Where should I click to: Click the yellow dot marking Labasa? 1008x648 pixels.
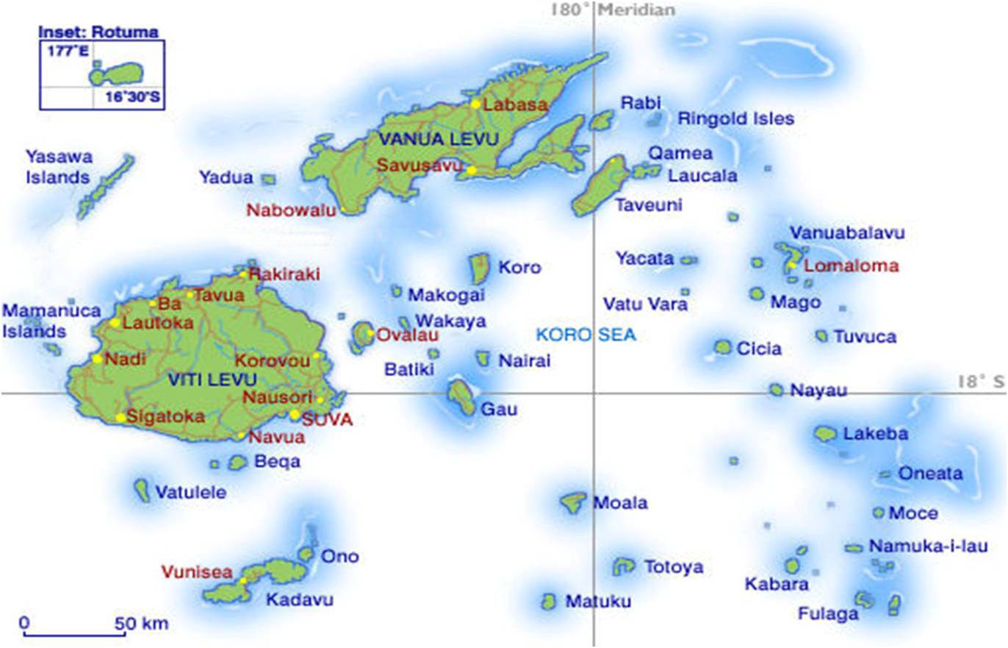tap(476, 104)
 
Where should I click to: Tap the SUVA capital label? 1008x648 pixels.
tap(328, 420)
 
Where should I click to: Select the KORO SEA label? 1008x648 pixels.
tap(586, 335)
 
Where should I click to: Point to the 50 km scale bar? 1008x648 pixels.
tap(73, 633)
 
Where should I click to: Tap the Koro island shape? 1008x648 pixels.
tap(480, 268)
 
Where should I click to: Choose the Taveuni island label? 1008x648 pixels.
tap(649, 205)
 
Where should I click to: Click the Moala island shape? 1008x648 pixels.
tap(572, 502)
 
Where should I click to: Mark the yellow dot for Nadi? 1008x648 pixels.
tap(97, 359)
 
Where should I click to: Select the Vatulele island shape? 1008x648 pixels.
tap(142, 489)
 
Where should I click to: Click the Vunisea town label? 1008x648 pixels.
tap(197, 572)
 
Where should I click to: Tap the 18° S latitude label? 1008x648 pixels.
tap(980, 381)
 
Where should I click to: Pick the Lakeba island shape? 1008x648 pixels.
tap(826, 433)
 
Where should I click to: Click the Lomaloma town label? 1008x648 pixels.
tap(852, 266)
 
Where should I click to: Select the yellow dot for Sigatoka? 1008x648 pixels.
tap(120, 418)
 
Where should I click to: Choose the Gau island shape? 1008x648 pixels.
tap(462, 396)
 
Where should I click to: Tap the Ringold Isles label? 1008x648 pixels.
tap(735, 118)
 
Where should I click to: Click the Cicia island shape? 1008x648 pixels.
tap(723, 347)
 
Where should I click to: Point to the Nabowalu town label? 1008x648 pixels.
tap(291, 210)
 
